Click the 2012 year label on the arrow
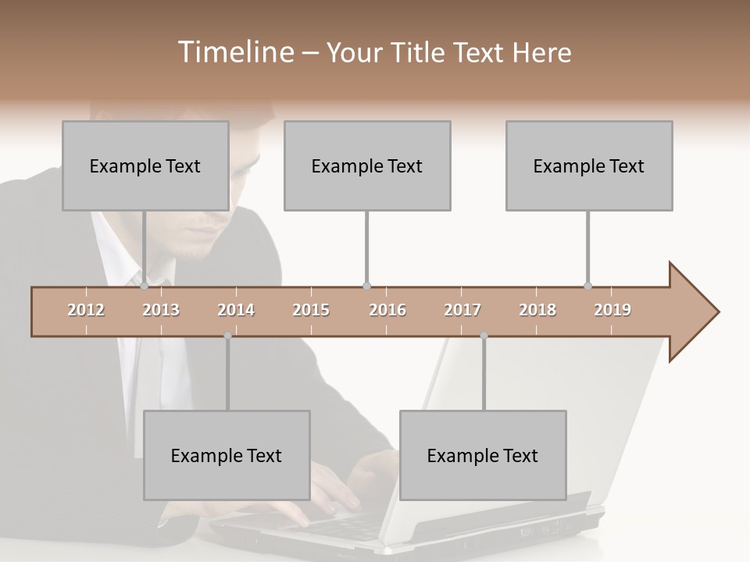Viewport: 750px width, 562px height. coord(86,310)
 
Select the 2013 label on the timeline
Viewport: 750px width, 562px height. coord(161,310)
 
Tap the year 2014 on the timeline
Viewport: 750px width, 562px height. coord(236,310)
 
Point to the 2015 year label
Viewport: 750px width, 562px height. coord(311,310)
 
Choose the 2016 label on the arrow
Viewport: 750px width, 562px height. coord(387,310)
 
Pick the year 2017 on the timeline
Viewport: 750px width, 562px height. coord(462,310)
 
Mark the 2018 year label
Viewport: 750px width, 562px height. coord(537,310)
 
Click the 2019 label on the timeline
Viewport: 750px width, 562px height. coord(612,310)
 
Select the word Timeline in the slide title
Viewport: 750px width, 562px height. coord(234,52)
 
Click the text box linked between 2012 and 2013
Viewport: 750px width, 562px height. coord(145,165)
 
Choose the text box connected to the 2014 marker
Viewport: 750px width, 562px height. coord(227,455)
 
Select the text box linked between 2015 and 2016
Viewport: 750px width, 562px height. coord(367,165)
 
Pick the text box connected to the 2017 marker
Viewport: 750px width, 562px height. coord(483,455)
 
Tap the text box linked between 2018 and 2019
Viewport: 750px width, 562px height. coord(589,165)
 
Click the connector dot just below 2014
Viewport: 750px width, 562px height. coord(227,336)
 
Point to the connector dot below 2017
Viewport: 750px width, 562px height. coord(484,336)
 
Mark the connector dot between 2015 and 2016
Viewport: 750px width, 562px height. coord(366,286)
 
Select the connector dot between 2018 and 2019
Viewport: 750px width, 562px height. coord(588,286)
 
